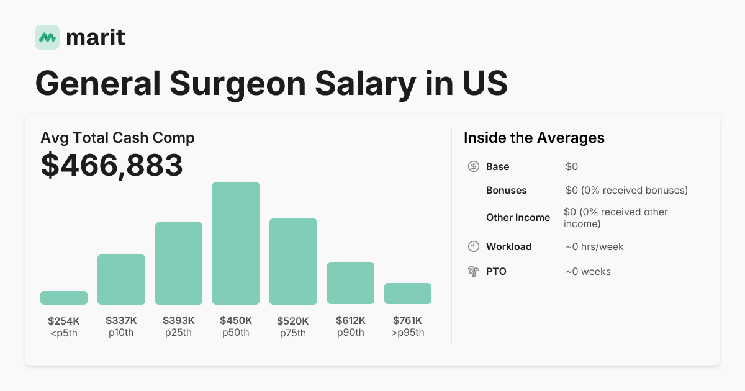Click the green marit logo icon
coord(47,37)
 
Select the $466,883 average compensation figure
coord(112,165)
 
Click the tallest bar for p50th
coord(236,243)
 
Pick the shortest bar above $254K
coord(64,298)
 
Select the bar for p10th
coord(121,279)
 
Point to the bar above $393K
coord(179,263)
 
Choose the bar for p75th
coord(293,261)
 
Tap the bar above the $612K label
coord(351,283)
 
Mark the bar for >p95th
coord(408,294)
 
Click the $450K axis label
coord(236,321)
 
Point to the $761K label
coord(408,321)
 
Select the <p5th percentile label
coord(64,333)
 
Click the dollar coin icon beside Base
coord(473,166)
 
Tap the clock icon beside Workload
coord(473,246)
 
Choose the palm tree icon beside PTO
coord(473,271)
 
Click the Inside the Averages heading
coord(534,138)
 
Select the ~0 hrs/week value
coord(594,246)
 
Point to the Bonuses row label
coord(506,190)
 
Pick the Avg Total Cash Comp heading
coord(117,138)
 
